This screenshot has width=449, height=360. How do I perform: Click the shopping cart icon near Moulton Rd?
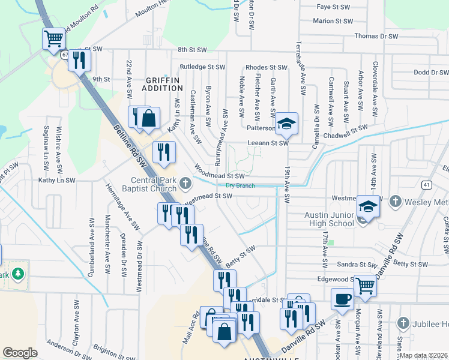click(x=53, y=39)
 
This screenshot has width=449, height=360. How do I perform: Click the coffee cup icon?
click(x=342, y=298)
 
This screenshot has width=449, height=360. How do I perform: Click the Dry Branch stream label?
click(x=240, y=185)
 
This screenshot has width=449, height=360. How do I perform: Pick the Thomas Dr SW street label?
click(x=376, y=36)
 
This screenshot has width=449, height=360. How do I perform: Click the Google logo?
click(x=20, y=353)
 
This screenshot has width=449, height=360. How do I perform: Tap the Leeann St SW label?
click(x=269, y=143)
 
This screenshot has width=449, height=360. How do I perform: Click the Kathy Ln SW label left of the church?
click(x=57, y=180)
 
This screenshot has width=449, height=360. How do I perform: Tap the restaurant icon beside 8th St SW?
click(x=79, y=59)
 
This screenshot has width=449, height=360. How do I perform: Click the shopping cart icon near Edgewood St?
click(x=365, y=286)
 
